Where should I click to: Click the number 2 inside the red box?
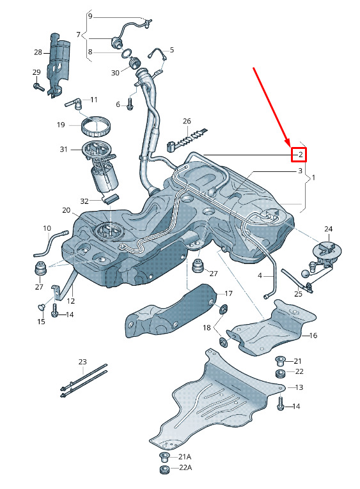(301, 155)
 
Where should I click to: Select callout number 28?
(38, 52)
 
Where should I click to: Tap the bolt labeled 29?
(38, 86)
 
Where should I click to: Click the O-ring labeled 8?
(126, 53)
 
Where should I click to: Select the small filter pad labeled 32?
(111, 198)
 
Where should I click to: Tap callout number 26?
(187, 121)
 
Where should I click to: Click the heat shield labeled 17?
(171, 313)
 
